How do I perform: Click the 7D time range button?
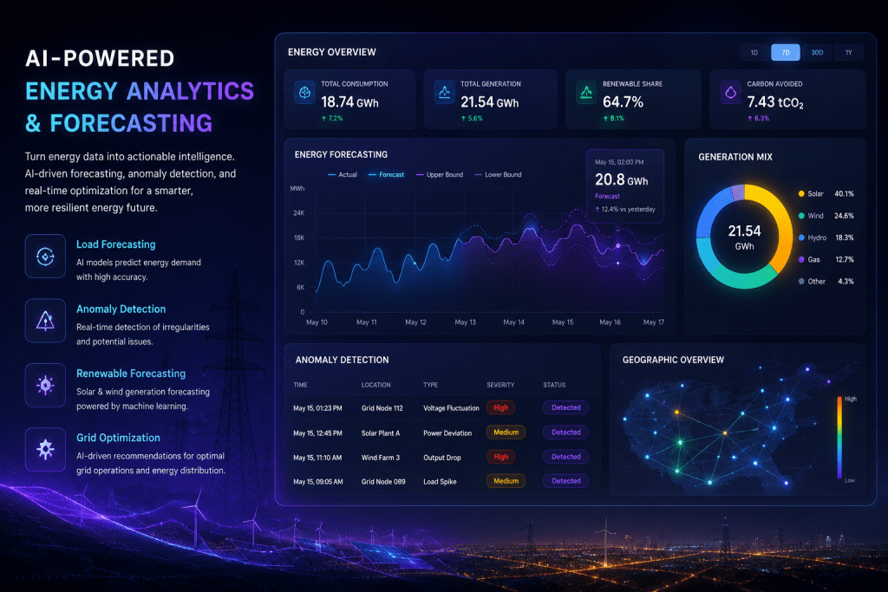786,53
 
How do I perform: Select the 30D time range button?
817,53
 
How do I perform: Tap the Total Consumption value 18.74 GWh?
349,102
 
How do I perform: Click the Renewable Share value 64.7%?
623,102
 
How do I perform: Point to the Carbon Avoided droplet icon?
730,92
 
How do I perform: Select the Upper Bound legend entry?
440,175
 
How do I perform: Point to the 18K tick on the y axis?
299,237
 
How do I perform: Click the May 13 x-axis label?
465,322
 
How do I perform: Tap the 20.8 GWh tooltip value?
621,180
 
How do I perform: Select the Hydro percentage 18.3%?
845,237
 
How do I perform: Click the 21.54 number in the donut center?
744,231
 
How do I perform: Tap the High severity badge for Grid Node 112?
500,407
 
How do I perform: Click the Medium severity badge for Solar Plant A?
506,433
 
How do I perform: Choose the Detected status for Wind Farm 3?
565,457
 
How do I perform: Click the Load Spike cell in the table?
440,482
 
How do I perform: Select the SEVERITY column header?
500,385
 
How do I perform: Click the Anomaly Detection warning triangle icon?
45,321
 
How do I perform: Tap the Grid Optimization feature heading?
118,438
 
